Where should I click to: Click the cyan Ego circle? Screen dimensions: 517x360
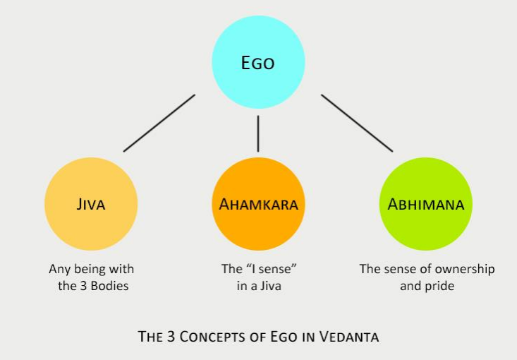(258, 62)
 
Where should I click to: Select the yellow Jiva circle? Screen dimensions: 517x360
(91, 204)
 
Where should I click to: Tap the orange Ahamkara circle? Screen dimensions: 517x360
(258, 204)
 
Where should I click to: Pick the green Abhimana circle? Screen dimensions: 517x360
(426, 204)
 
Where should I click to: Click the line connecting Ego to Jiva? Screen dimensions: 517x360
(159, 123)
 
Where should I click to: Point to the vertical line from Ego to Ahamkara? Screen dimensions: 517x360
(258, 133)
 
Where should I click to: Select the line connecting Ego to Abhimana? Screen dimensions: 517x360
(357, 123)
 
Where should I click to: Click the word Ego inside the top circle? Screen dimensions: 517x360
(258, 63)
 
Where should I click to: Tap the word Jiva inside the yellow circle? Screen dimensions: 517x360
(91, 204)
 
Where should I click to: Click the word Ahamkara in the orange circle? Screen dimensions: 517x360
(258, 204)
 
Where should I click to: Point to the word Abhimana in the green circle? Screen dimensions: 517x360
(426, 204)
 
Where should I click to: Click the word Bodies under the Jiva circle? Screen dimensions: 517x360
(109, 286)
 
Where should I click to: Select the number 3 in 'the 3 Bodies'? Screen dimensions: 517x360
(83, 286)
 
